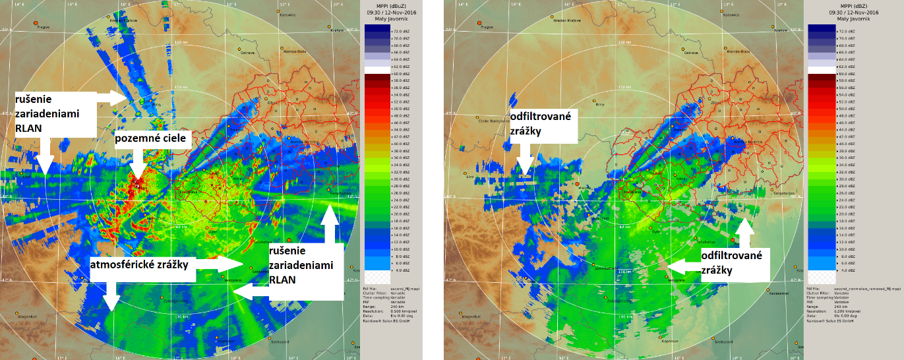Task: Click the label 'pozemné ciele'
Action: [x=154, y=139]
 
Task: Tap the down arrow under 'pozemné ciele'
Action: [x=136, y=165]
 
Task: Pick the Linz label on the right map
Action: [x=469, y=177]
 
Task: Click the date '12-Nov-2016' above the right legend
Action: [x=847, y=12]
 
